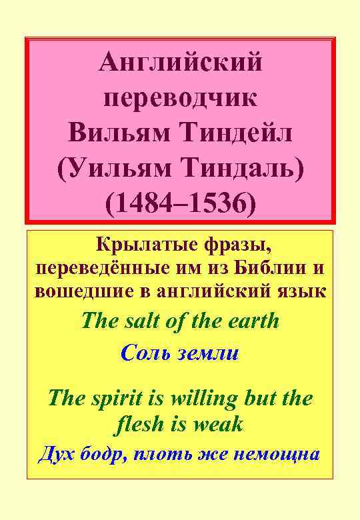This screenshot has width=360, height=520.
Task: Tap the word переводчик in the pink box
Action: point(180,99)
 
